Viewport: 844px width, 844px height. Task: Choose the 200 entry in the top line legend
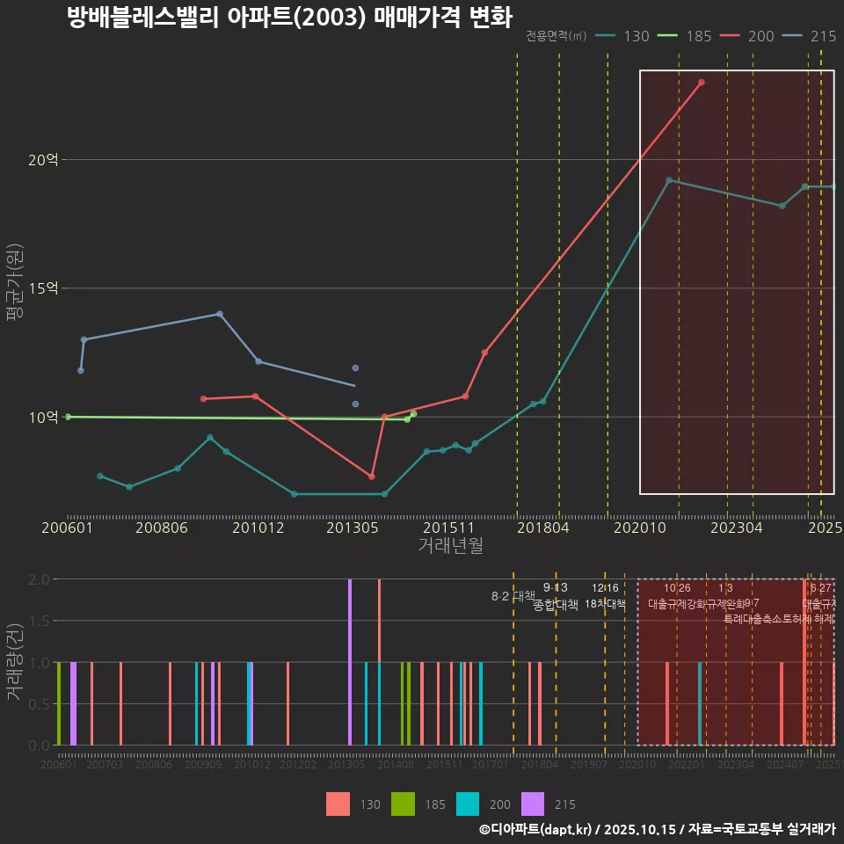pos(746,36)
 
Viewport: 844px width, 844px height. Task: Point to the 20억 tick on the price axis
pos(43,160)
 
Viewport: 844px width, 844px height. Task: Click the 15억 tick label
pos(43,288)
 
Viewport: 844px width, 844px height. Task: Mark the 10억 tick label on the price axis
pos(43,417)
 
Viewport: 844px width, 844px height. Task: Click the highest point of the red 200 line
pos(701,83)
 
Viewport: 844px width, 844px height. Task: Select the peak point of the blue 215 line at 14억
pos(220,314)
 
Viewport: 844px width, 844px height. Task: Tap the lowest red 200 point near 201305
pos(372,477)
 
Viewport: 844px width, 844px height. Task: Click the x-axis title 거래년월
pos(450,546)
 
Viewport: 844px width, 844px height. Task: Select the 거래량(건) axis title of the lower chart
pos(14,662)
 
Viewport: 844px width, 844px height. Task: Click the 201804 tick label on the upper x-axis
pos(542,528)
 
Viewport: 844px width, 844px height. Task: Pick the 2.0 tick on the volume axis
pos(40,579)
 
